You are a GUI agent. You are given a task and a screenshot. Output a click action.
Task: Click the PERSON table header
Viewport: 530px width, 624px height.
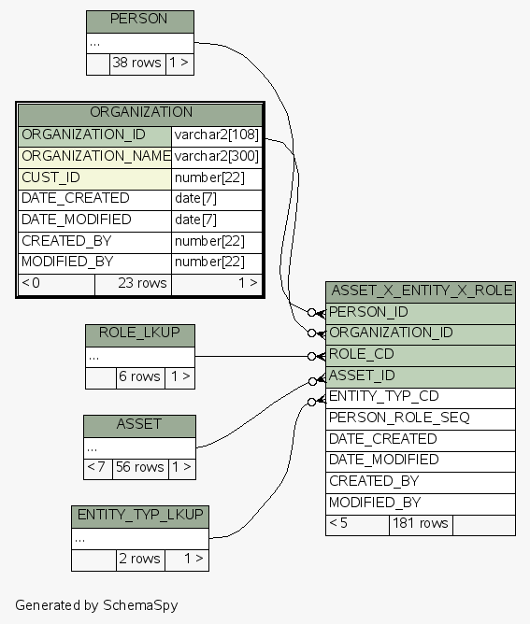point(140,21)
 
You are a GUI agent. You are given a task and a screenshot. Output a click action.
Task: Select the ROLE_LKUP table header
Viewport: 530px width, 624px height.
point(140,335)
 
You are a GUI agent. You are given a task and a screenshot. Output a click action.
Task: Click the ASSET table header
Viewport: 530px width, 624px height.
point(140,427)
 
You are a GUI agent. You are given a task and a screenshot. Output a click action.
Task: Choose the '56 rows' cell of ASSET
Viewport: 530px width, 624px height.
point(140,469)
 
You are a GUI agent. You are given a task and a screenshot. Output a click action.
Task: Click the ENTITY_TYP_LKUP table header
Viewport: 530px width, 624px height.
point(140,518)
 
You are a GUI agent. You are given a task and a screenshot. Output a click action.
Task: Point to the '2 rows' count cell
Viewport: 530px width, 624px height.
point(140,560)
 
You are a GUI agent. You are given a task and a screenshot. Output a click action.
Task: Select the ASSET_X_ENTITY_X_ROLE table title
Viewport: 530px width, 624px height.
point(421,292)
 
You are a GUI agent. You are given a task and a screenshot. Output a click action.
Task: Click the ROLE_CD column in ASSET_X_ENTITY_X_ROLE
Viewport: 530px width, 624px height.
point(421,356)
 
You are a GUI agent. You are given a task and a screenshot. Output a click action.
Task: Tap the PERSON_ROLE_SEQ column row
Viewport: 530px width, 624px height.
point(421,419)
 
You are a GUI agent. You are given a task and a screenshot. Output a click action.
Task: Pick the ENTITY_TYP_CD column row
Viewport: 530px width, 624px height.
point(421,398)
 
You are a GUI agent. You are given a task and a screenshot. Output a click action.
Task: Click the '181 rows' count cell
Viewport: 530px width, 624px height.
point(421,525)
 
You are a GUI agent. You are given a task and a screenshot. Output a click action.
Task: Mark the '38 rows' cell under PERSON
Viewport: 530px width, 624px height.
point(137,64)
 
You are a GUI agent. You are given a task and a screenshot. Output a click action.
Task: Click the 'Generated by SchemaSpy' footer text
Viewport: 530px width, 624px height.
point(96,605)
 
